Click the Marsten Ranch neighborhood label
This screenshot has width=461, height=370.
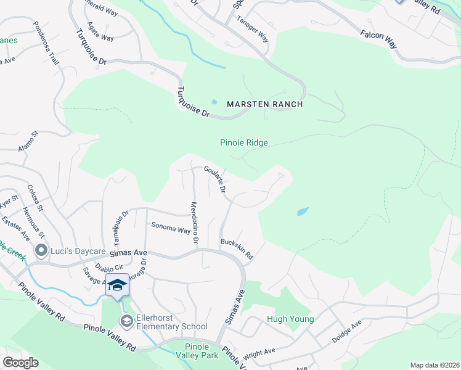click(x=265, y=104)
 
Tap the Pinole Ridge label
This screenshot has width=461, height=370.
click(x=244, y=142)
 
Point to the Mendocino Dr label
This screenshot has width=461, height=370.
click(x=194, y=223)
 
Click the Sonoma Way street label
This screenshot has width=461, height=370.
click(x=171, y=228)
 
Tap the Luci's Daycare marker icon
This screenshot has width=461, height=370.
click(x=42, y=250)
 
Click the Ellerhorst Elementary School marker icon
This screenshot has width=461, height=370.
click(x=126, y=320)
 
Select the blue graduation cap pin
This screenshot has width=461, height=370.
click(x=117, y=285)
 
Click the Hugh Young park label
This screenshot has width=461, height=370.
click(x=290, y=319)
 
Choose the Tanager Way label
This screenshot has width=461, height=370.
click(x=253, y=28)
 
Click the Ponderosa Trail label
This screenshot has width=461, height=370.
click(x=45, y=44)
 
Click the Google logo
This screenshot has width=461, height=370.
click(x=20, y=363)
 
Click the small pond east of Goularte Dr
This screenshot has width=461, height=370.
click(x=302, y=212)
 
